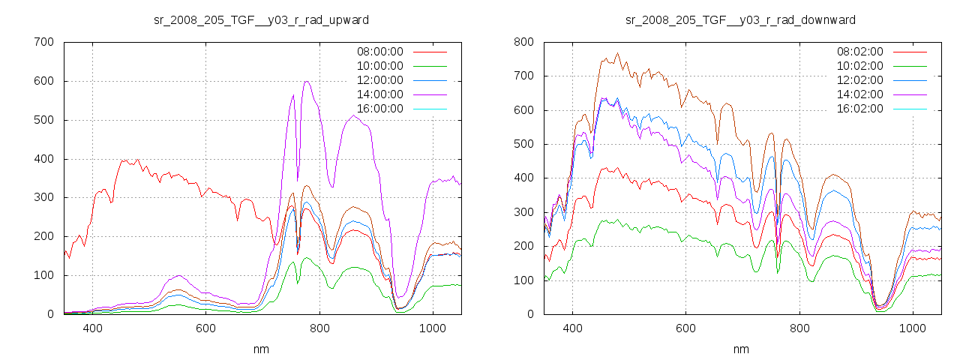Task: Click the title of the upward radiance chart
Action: coord(261,19)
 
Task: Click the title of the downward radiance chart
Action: coord(740,19)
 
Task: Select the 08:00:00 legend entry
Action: coord(379,52)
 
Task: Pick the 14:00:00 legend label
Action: coord(379,94)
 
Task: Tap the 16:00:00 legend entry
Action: coord(379,109)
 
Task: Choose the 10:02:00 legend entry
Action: coord(859,66)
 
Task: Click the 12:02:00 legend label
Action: coord(859,80)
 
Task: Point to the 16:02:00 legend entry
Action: coord(859,109)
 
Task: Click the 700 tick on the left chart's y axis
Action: coord(43,42)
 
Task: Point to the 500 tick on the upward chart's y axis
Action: coord(43,120)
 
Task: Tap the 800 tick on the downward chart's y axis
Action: coord(523,42)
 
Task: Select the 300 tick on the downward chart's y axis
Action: coord(523,212)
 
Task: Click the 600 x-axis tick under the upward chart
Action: coord(205,328)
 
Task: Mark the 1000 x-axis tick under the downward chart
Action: coord(913,328)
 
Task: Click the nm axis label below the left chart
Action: coord(261,349)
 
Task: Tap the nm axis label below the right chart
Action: coord(741,349)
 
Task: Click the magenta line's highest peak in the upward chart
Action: coord(307,81)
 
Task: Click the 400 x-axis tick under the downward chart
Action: coord(572,328)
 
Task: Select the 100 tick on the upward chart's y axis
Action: coord(43,275)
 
